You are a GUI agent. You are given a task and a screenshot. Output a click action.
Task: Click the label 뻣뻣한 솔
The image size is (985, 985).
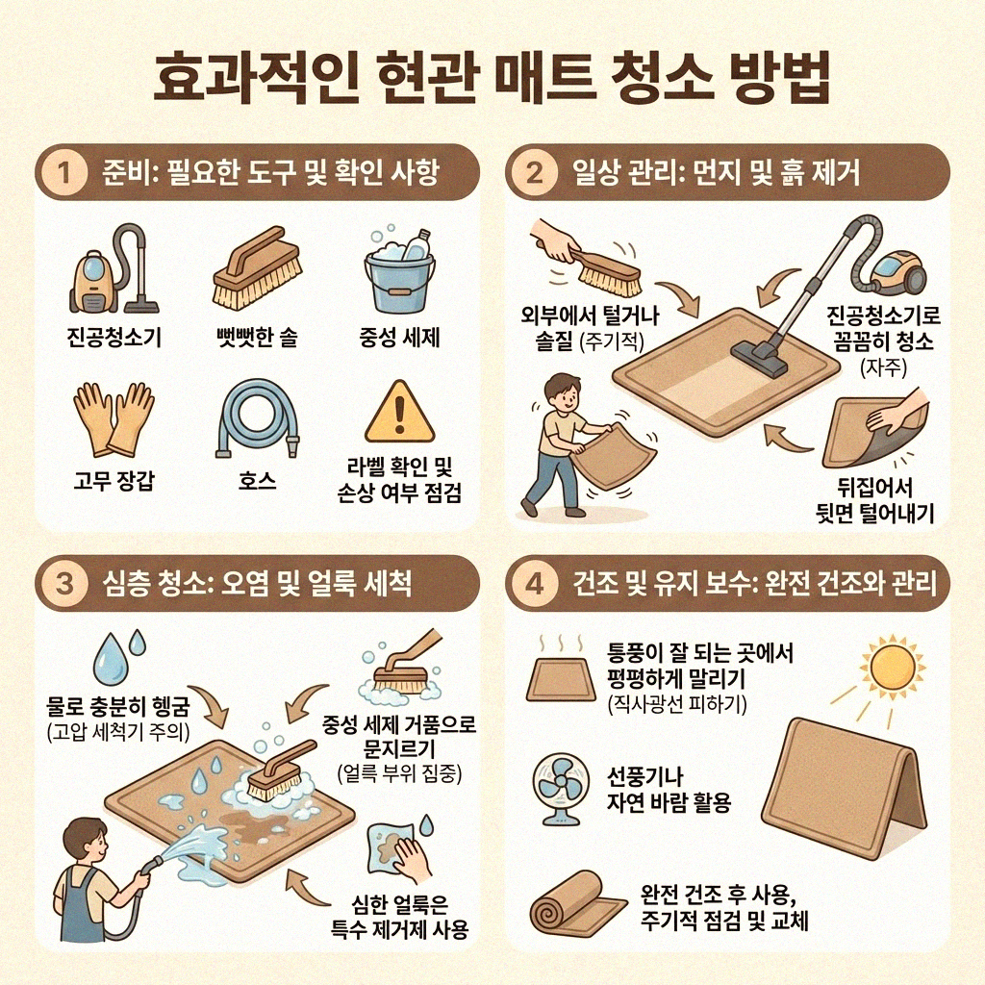coord(256,338)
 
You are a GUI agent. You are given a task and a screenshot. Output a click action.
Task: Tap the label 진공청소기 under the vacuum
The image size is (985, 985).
coord(114,338)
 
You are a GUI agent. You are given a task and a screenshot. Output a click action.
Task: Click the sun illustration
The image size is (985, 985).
coord(890,665)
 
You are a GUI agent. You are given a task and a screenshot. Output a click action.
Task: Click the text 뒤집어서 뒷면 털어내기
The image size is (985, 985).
coord(869,498)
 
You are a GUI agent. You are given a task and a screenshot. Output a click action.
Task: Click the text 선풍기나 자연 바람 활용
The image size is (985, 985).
coord(669,788)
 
